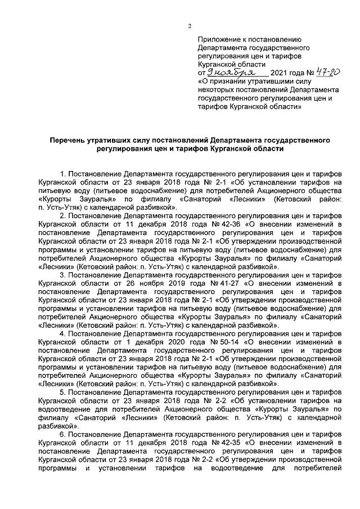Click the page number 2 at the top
click(x=190, y=26)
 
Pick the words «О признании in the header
click(x=221, y=82)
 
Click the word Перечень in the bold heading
click(x=70, y=139)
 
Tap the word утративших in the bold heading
click(x=120, y=139)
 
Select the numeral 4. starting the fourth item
click(x=64, y=334)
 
